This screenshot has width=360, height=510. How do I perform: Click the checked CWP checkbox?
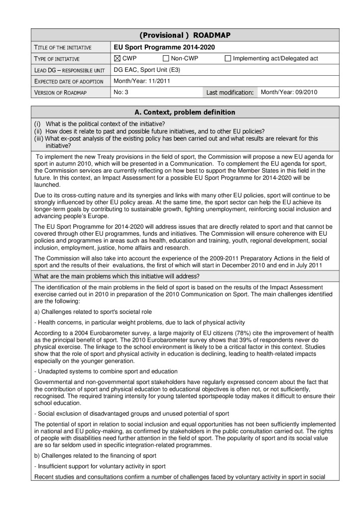coord(118,59)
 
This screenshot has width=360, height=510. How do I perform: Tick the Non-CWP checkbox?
coord(166,59)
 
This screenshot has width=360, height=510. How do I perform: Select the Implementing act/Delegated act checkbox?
coord(228,59)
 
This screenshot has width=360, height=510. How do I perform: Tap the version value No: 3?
coord(121,92)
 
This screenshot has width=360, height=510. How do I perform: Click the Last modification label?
coord(231,93)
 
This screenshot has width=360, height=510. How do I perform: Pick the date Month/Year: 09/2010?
coord(289,92)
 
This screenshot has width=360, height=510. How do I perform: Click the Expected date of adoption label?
coord(68,82)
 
